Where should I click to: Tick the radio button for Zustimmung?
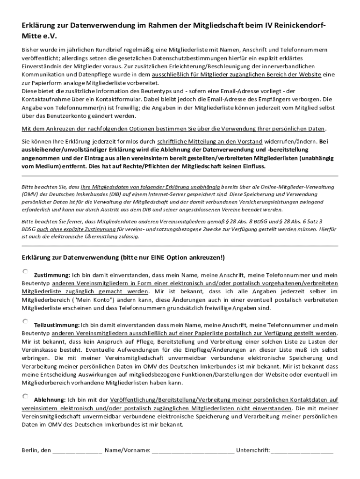(25, 271)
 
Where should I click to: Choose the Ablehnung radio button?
(25, 396)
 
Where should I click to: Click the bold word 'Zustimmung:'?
(52, 275)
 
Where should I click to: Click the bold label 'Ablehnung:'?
(50, 400)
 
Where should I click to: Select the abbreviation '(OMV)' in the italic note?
(30, 193)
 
